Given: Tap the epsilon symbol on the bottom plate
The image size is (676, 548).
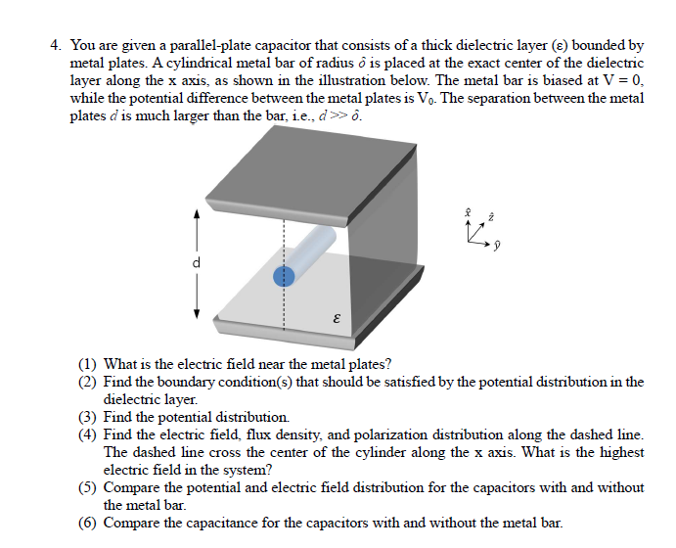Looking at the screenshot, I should (x=337, y=319).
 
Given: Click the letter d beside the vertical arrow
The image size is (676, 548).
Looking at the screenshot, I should (x=197, y=262).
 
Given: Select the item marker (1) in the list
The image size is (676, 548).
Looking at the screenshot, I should (x=89, y=365).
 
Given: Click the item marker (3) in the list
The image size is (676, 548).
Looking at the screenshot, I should (x=89, y=416).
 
